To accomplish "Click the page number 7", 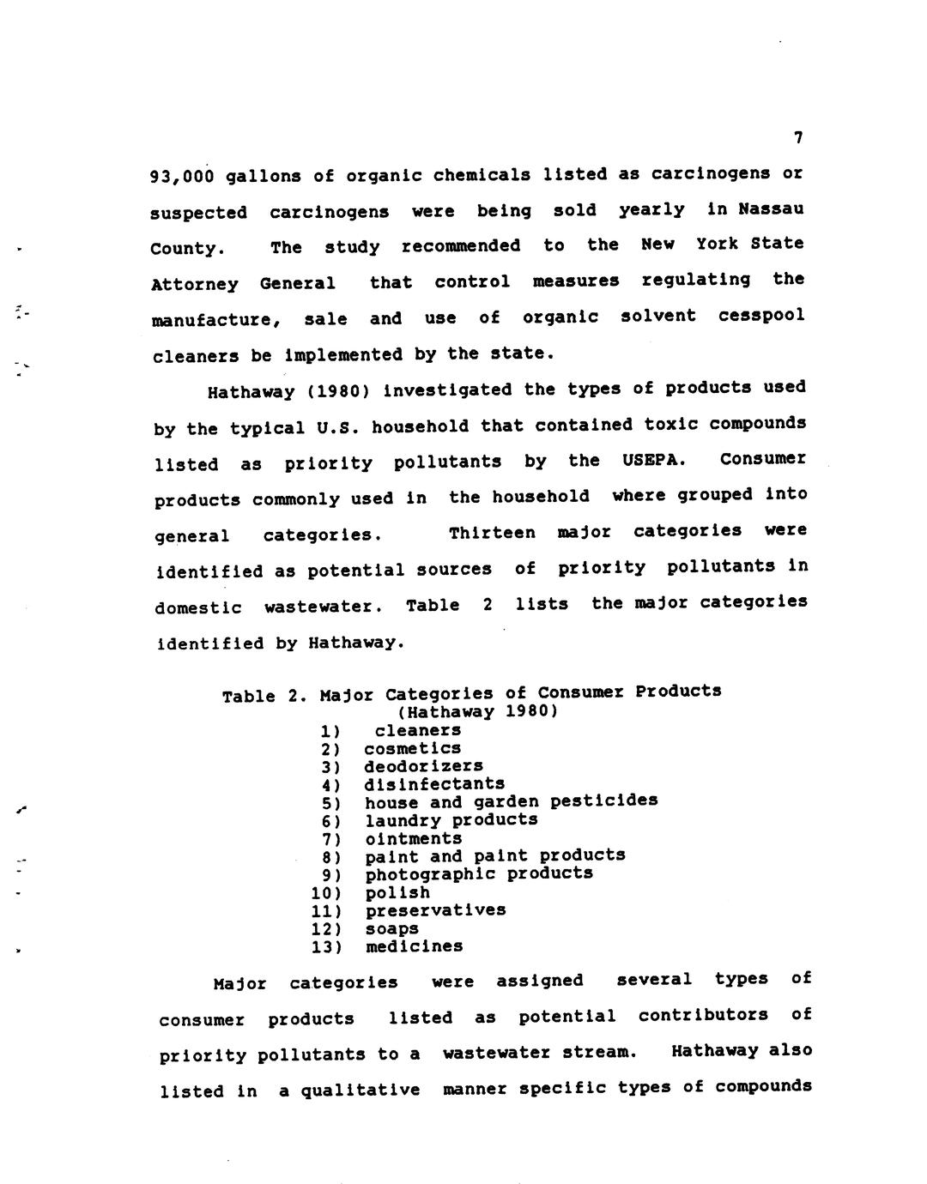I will point(797,137).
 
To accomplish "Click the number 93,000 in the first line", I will point(182,177).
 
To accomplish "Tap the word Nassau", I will point(771,208).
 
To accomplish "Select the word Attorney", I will point(194,284).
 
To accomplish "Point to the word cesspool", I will point(761,315).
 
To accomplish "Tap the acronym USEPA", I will point(654,460).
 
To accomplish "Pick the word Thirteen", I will point(492,533).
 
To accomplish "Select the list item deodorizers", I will point(423,766).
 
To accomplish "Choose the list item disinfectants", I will point(434,784).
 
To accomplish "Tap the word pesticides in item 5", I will point(603,800).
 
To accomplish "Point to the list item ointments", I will point(413,838).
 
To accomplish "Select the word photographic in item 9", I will point(430,874).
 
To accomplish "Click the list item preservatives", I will point(435,910).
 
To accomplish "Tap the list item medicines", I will point(414,947).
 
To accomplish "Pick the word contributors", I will point(703,1016).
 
